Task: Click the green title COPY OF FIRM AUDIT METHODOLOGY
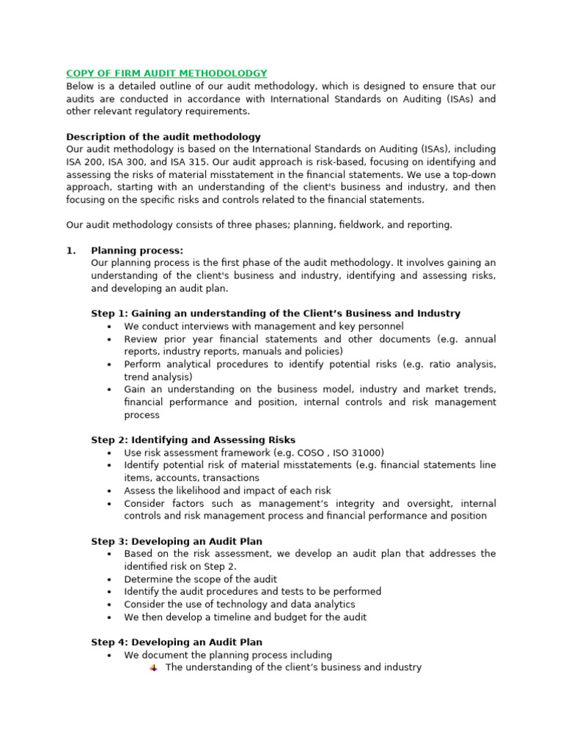tap(166, 73)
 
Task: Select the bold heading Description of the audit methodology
tap(163, 137)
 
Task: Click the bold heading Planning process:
tap(137, 250)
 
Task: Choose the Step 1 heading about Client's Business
tap(276, 313)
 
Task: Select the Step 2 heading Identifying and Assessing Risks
tap(194, 440)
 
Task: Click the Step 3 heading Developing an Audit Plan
tap(177, 541)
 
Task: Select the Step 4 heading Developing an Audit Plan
tap(177, 642)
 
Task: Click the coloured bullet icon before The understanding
tap(154, 668)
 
